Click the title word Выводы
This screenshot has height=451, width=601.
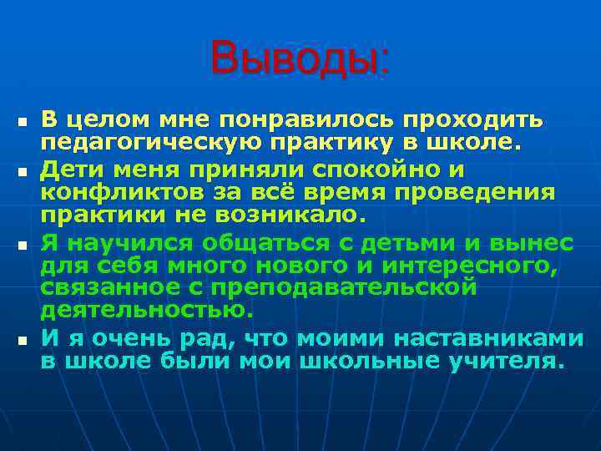[x=300, y=58]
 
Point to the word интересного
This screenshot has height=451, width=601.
[x=472, y=266]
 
